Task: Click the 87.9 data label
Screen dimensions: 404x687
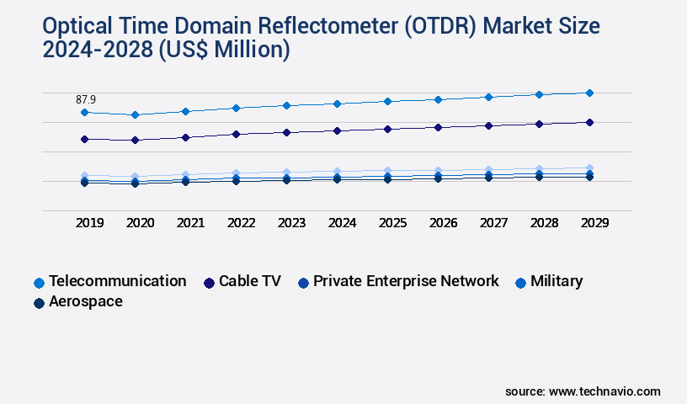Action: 86,99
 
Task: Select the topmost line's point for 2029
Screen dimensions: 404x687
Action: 589,93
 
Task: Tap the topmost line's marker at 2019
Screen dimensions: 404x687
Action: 84,112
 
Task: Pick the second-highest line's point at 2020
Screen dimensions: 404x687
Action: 135,140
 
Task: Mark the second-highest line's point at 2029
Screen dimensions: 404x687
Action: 589,122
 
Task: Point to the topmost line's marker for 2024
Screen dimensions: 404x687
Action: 337,104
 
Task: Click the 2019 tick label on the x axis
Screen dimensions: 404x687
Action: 89,223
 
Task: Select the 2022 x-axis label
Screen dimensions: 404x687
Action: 241,223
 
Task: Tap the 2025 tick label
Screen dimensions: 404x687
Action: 392,223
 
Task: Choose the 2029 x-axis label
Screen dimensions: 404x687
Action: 594,223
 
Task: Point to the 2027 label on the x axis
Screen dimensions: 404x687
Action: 493,223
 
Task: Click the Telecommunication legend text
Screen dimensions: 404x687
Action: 117,281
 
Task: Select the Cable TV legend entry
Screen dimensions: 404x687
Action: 249,281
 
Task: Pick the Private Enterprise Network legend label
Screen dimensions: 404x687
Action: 406,281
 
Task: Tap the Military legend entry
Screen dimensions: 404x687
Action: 556,281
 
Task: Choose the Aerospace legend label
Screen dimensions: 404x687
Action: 85,301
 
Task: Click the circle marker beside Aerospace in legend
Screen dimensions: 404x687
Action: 39,303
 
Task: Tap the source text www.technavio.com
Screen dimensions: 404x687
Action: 604,391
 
